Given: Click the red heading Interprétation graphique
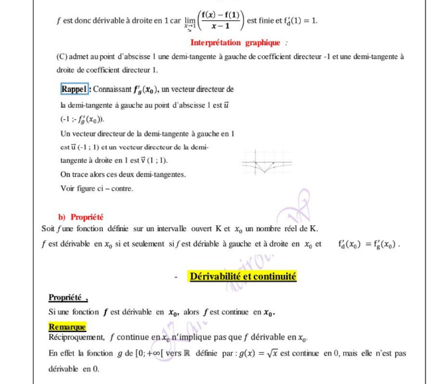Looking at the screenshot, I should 235,43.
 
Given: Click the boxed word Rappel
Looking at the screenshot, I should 75,89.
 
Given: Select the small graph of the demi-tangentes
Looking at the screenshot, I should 260,164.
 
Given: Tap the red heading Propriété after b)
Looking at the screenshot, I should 87,217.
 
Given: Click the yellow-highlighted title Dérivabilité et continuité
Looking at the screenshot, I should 242,277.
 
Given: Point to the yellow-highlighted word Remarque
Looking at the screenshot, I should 67,327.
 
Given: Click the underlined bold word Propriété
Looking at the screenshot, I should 67,298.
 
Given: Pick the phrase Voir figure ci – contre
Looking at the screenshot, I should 96,188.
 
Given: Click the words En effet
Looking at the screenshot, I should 62,353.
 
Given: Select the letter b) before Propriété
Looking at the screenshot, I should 63,217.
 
